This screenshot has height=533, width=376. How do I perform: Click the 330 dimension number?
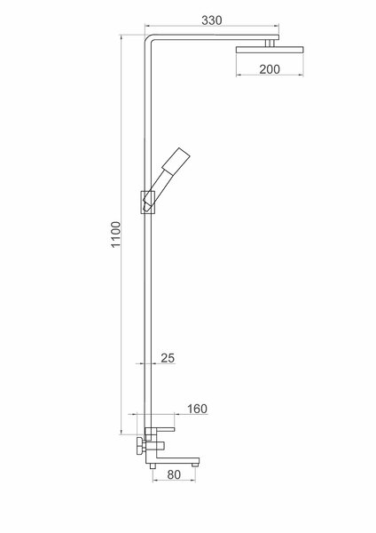(212, 20)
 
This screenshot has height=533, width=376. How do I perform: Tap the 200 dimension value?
(270, 69)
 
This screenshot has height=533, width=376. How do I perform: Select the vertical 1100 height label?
(116, 235)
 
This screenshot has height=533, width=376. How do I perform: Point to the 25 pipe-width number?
(168, 358)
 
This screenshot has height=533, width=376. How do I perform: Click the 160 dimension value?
(197, 409)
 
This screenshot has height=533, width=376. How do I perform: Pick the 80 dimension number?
(174, 475)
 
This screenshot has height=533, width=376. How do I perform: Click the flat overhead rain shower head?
(270, 50)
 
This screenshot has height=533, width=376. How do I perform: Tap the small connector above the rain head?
(270, 44)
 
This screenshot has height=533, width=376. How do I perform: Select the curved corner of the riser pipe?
(148, 38)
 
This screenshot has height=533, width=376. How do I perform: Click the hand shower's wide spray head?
(176, 159)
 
